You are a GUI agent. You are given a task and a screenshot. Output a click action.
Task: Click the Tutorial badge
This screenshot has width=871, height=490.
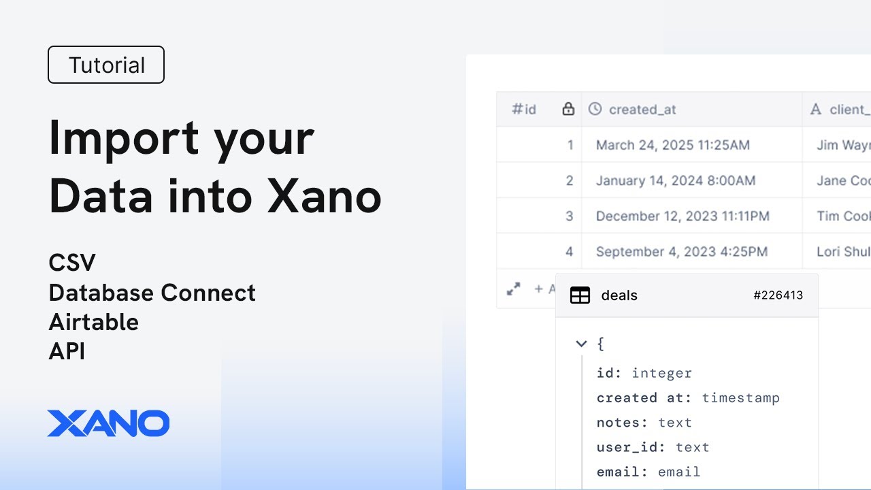click(x=106, y=65)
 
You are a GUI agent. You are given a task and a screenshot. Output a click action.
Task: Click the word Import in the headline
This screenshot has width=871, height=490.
click(x=123, y=138)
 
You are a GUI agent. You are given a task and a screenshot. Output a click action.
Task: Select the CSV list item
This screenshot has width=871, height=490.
click(x=72, y=263)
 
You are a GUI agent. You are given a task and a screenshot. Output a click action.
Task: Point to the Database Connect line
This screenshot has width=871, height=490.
click(x=152, y=293)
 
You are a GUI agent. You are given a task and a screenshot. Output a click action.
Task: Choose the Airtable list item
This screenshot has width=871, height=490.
click(x=94, y=322)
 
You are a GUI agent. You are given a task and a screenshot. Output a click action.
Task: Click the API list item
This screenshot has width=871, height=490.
click(x=67, y=351)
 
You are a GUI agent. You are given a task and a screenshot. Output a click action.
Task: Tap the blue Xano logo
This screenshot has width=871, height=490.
click(x=108, y=423)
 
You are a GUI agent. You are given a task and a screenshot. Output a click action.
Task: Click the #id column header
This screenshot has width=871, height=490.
click(x=524, y=110)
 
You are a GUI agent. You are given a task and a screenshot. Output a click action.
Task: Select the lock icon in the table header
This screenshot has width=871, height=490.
click(x=568, y=109)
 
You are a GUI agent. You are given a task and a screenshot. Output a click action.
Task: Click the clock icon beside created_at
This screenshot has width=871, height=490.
click(x=595, y=109)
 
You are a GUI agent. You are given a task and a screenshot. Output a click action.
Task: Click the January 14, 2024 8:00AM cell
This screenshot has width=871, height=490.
click(x=675, y=180)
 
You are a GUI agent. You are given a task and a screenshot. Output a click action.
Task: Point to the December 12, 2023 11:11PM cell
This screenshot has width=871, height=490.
click(x=683, y=216)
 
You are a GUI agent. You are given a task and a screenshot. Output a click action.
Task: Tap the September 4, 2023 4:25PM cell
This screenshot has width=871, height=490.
click(x=681, y=252)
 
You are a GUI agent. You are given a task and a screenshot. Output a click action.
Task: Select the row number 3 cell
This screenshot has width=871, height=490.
click(x=570, y=216)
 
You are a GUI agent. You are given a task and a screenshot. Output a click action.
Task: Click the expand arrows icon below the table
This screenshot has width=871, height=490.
click(x=514, y=289)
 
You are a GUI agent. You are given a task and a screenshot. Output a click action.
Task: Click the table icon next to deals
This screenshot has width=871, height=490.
click(x=580, y=295)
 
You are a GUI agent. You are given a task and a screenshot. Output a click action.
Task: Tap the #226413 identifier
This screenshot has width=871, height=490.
click(x=778, y=295)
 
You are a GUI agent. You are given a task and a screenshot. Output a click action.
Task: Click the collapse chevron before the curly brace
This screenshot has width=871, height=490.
click(x=581, y=344)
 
